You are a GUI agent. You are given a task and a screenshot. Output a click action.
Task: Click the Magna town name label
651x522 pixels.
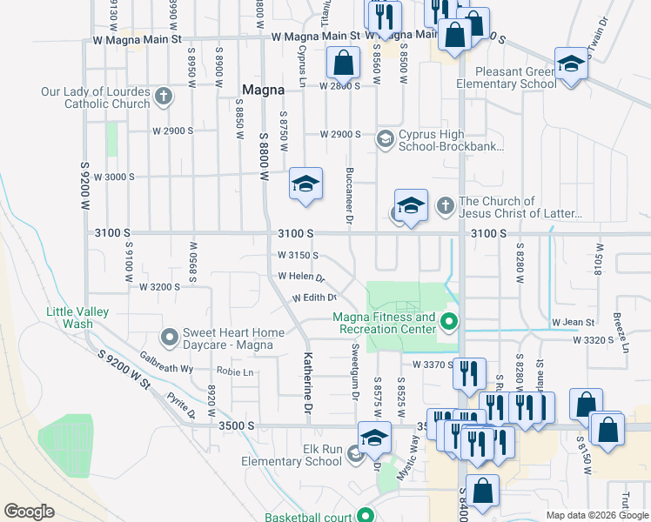[263, 90]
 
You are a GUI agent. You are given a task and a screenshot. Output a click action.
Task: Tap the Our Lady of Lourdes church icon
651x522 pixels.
[163, 97]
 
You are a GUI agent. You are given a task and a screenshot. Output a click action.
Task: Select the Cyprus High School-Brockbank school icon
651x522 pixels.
[385, 139]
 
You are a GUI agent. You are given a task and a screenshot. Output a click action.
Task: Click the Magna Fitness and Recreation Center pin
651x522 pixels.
[449, 322]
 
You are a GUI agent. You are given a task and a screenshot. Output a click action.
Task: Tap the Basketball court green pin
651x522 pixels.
[366, 515]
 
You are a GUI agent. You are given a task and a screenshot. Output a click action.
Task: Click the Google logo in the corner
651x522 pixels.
[30, 511]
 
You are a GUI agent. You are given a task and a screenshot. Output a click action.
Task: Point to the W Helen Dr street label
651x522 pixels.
[301, 278]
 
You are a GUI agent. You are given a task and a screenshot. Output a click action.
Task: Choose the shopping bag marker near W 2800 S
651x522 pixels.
[343, 62]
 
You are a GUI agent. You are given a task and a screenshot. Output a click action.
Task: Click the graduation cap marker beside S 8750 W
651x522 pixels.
[305, 184]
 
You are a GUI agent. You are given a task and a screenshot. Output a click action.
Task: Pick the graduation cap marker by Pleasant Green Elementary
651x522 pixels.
[571, 64]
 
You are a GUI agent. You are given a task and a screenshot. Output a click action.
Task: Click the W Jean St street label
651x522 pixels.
[573, 323]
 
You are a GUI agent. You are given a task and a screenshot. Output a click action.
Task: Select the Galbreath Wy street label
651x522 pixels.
[168, 369]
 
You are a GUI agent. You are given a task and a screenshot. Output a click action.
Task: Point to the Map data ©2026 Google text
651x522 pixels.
[596, 515]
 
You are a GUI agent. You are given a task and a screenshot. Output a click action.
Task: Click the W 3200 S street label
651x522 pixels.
[159, 286]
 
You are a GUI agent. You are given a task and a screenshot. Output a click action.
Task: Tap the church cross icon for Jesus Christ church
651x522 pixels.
[445, 205]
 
